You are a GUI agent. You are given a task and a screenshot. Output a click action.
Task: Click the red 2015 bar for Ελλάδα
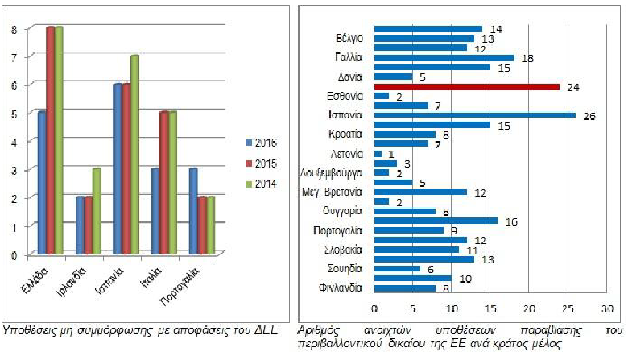coord(49,141)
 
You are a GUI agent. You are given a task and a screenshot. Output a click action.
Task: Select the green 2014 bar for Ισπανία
coord(134,155)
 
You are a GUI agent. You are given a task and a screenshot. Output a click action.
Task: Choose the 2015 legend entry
coord(262,163)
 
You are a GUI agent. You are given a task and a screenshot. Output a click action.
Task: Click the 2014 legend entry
coord(262,184)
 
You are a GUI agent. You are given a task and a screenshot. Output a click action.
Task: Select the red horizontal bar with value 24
coord(467,86)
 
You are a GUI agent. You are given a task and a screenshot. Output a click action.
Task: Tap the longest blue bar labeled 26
coord(475,115)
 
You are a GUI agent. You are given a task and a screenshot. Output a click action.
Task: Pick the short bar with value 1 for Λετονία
coord(378,154)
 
